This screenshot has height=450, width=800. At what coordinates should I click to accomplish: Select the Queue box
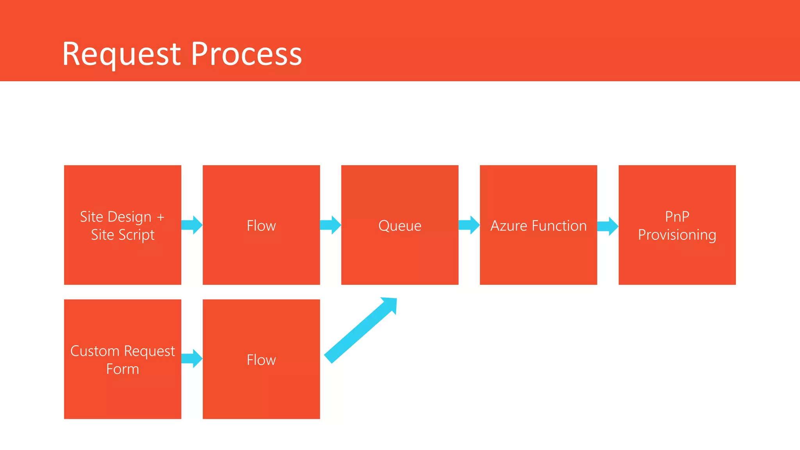(x=400, y=225)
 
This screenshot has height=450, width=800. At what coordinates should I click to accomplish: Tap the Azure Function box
(x=538, y=225)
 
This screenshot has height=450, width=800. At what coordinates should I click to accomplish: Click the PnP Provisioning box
(x=677, y=225)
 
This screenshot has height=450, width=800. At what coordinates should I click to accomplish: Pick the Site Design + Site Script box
(x=122, y=225)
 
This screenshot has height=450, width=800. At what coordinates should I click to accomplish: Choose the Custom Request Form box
(x=122, y=359)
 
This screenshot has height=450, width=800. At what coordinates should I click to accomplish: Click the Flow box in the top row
(x=261, y=225)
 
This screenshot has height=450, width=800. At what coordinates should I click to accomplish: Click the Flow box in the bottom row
(x=261, y=359)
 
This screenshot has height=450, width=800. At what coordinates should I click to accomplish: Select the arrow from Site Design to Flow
(x=192, y=225)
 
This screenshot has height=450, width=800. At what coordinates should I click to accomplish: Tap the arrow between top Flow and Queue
(x=330, y=225)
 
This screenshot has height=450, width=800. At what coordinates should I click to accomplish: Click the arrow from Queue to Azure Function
(x=469, y=225)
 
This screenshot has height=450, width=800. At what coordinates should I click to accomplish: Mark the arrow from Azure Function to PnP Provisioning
(x=608, y=226)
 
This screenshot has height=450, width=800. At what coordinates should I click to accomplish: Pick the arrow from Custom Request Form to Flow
(x=192, y=358)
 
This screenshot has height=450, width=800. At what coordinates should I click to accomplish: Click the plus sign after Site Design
(x=161, y=217)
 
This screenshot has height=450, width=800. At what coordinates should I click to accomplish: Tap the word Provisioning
(x=677, y=235)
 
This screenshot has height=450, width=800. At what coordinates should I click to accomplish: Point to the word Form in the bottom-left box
(x=122, y=369)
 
